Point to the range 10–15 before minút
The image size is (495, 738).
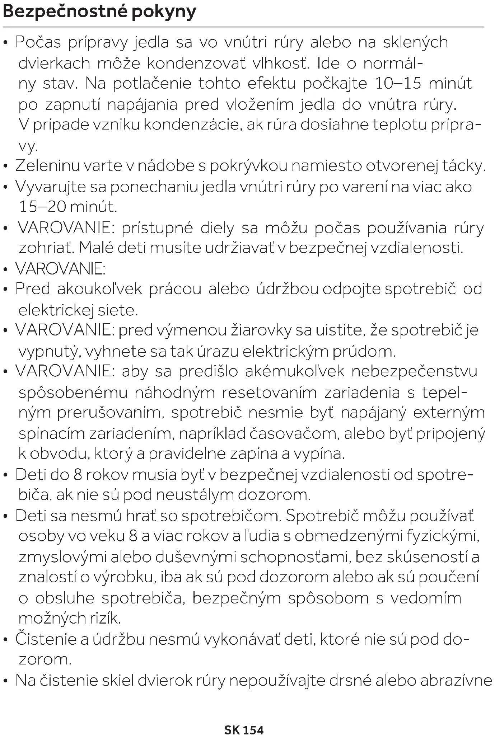click(x=398, y=84)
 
